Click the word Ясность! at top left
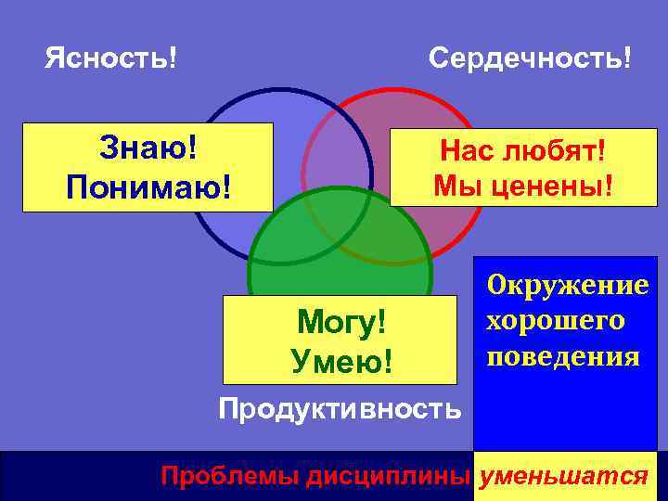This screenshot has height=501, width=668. [111, 59]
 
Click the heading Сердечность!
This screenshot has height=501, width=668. [531, 59]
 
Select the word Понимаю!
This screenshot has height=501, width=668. [148, 186]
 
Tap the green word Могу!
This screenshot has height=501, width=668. [340, 324]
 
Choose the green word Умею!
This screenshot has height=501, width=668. [340, 359]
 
